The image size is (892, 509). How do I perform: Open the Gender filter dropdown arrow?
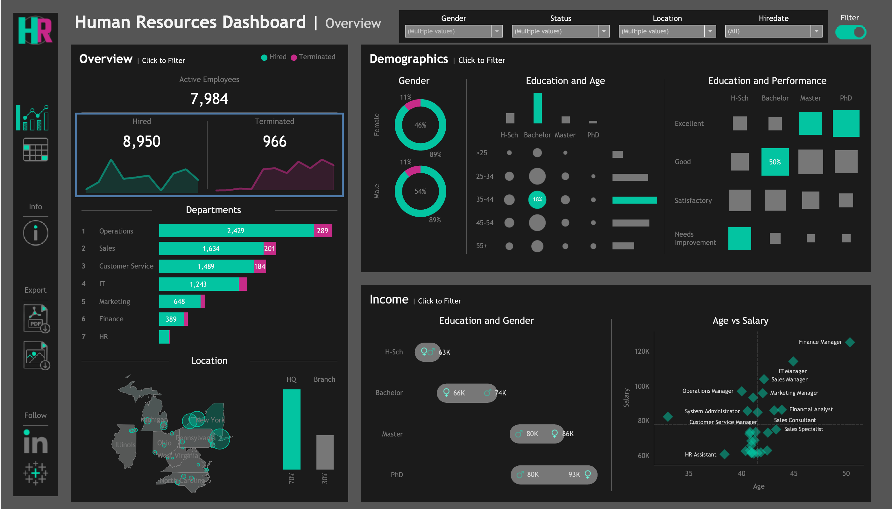coord(496,31)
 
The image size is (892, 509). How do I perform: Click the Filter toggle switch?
coord(850,32)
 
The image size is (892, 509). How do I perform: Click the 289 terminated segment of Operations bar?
coord(322,231)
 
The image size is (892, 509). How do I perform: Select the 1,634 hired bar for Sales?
coord(211,248)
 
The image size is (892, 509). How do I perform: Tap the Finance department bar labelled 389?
coord(171,319)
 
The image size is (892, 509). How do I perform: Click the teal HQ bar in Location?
coord(291,429)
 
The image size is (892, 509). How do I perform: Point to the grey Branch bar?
coord(325,452)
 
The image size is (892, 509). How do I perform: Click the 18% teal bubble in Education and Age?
coord(537,199)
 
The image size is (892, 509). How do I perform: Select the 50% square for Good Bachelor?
coord(775,162)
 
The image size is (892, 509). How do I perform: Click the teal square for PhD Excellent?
coord(846,123)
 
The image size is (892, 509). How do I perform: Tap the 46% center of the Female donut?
coord(420,125)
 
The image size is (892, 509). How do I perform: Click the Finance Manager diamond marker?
coord(850,342)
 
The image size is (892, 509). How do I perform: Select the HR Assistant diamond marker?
coord(725,454)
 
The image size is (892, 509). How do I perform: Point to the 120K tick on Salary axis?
coord(641,351)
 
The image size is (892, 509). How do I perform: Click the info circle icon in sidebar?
coord(35,233)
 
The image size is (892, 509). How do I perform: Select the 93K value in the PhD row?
coord(574,474)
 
